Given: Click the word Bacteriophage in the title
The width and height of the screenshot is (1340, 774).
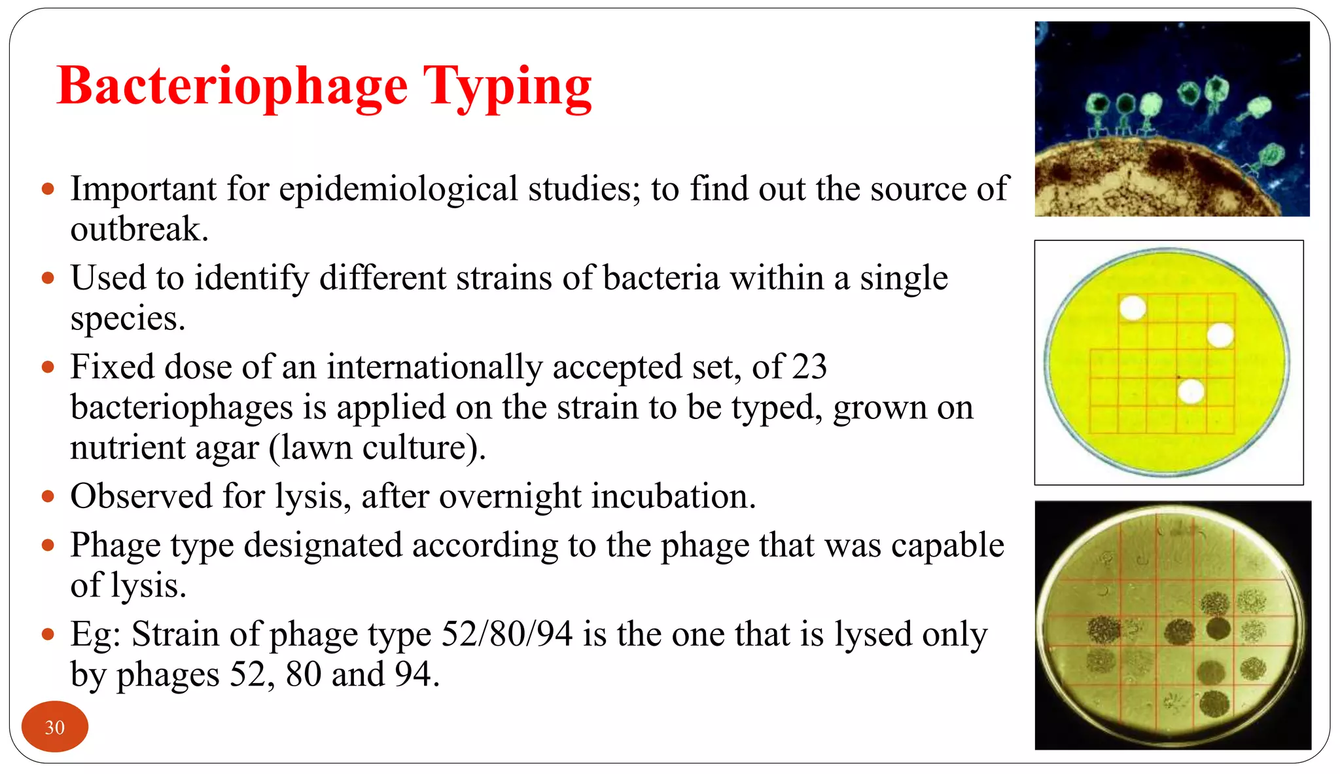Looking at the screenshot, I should (x=232, y=86).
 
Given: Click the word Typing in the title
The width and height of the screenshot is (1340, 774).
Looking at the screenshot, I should (x=507, y=86).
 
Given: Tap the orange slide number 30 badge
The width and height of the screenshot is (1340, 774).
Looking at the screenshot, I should (x=54, y=727).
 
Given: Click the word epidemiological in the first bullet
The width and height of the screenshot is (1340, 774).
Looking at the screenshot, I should (x=398, y=189).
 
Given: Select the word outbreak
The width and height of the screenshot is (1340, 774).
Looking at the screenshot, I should (x=139, y=230).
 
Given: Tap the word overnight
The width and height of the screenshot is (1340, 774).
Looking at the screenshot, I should (x=510, y=496).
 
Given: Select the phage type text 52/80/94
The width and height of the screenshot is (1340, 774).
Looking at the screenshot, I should (x=506, y=634).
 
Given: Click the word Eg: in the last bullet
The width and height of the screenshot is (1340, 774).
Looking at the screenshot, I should (x=96, y=634).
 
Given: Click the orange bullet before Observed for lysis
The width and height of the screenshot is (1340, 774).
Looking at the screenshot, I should (x=47, y=496).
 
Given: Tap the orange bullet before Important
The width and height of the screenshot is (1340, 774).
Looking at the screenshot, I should (x=47, y=190).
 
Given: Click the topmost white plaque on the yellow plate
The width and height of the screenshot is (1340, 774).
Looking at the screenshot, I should (x=1133, y=308).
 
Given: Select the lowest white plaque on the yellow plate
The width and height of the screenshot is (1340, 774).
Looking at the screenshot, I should (x=1190, y=392).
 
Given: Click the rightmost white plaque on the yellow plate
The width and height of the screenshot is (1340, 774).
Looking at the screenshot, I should (x=1220, y=336).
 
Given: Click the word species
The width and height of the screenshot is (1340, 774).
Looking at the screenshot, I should (x=128, y=320).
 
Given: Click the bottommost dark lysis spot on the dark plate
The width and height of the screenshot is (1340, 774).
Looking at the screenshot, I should (x=1214, y=704).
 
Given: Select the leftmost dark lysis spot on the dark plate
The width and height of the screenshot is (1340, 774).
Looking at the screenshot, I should (x=1104, y=630).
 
